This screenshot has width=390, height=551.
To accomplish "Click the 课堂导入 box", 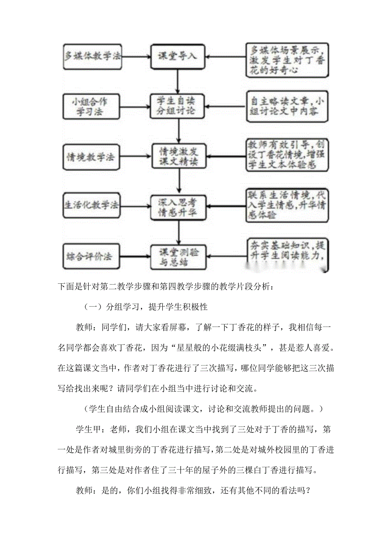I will [178, 56].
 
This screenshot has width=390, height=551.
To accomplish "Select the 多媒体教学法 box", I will [92, 56].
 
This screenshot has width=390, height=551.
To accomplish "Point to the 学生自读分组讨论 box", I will [178, 106].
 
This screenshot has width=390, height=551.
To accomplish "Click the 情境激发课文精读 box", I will [178, 157].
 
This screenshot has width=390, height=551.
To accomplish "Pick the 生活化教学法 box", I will [91, 206].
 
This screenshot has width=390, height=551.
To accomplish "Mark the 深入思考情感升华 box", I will [178, 207].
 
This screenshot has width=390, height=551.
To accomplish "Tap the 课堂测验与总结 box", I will [178, 257].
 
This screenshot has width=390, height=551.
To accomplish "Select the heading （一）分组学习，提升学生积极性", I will [146, 306].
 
